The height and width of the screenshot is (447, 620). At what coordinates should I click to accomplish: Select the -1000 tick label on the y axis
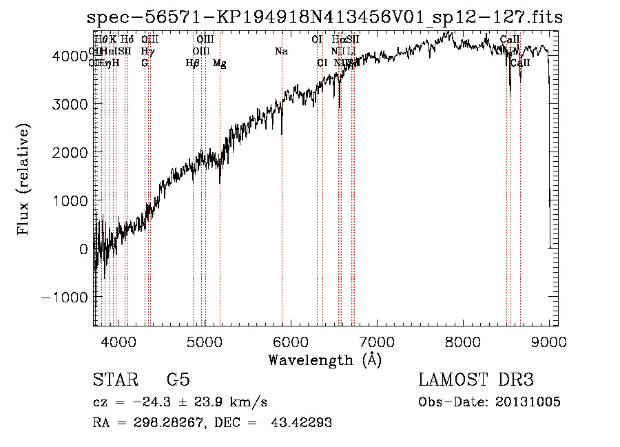pyautogui.click(x=67, y=297)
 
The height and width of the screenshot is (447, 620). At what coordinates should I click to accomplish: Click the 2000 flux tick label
pyautogui.click(x=71, y=152)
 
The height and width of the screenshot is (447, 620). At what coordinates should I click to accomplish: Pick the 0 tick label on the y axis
pyautogui.click(x=83, y=249)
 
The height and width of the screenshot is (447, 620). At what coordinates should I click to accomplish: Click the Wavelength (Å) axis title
pyautogui.click(x=325, y=360)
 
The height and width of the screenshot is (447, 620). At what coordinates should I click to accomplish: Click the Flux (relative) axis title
pyautogui.click(x=24, y=179)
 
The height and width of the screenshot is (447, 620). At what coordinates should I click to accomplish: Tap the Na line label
pyautogui.click(x=281, y=52)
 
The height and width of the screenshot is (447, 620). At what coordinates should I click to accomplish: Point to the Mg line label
pyautogui.click(x=219, y=63)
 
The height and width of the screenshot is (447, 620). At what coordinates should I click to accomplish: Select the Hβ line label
pyautogui.click(x=193, y=63)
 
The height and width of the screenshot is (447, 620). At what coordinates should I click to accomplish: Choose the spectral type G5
pyautogui.click(x=178, y=380)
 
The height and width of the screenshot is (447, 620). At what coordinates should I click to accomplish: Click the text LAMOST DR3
pyautogui.click(x=476, y=380)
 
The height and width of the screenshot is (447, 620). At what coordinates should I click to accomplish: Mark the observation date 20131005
pyautogui.click(x=527, y=402)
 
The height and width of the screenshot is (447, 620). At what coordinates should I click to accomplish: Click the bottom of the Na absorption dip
pyautogui.click(x=282, y=133)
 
